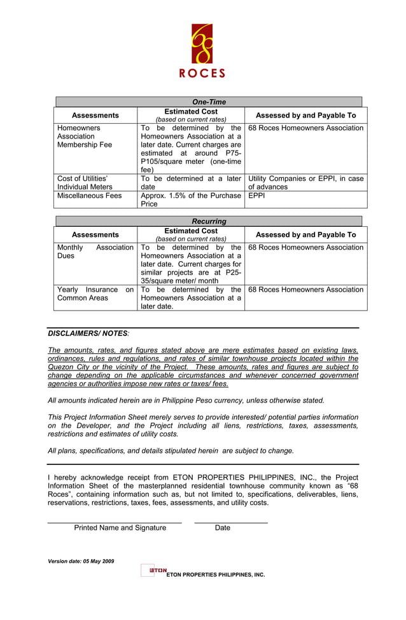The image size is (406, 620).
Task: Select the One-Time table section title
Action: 209,102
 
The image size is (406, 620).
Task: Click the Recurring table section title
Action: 209,221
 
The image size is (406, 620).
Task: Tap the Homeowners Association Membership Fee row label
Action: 85,137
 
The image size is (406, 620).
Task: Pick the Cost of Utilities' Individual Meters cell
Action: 85,183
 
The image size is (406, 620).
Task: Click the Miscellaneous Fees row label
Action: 89,196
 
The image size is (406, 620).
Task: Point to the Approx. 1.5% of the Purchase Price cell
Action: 190,200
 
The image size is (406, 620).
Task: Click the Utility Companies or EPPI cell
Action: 305,183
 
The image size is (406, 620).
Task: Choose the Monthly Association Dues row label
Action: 95,252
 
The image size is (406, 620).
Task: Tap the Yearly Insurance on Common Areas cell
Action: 95,293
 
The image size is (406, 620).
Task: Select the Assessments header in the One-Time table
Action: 95,116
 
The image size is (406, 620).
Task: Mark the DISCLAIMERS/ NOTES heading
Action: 88,334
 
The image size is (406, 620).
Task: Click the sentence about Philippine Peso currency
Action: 186,400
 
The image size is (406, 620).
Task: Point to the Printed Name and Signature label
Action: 120,528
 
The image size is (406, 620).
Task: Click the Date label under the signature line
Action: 223,528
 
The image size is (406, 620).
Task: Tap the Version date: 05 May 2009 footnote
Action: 81,562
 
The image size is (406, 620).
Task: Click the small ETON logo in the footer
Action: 157,570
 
